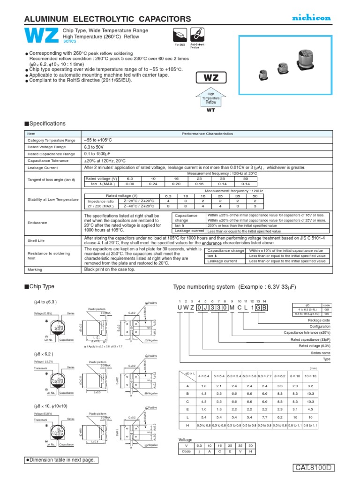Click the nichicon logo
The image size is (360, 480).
312,18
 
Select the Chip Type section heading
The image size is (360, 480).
42,286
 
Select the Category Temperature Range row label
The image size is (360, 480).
51,140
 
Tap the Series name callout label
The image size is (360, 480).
321,353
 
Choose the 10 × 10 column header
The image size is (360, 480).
310,375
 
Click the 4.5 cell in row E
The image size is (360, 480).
310,408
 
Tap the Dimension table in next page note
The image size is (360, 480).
62,460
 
